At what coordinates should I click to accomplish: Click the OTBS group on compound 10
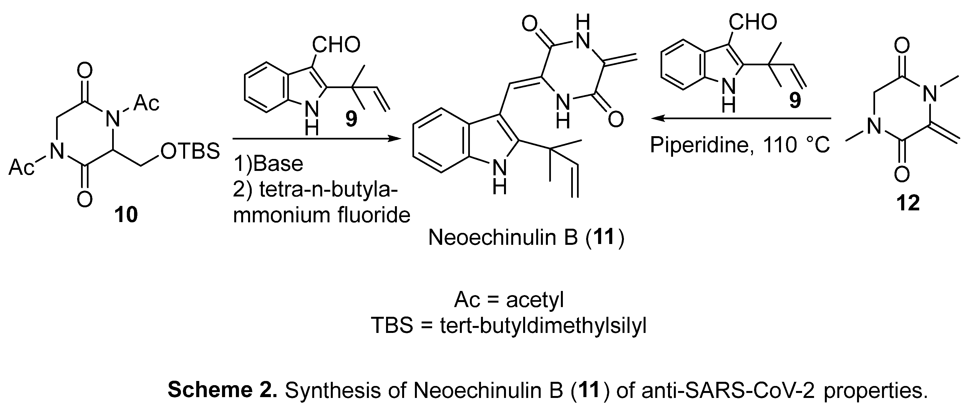[190, 151]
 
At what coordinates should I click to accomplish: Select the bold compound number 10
[126, 215]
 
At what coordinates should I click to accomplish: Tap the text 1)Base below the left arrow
[268, 164]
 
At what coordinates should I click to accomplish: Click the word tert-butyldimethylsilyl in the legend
[543, 325]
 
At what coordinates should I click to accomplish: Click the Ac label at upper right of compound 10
[147, 103]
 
